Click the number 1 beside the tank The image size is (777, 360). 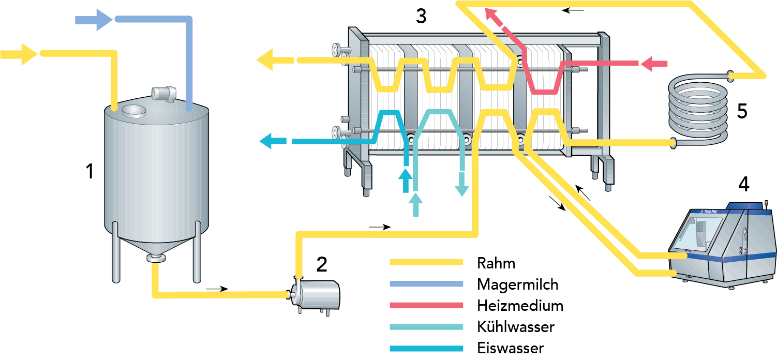click(90, 171)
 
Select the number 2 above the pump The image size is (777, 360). click(321, 264)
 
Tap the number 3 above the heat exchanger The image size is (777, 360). click(421, 17)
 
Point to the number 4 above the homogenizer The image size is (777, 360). click(743, 184)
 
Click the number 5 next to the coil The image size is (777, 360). click(742, 111)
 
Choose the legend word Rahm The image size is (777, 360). click(496, 263)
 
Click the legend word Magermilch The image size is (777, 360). click(517, 284)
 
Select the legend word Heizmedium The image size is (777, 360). click(520, 306)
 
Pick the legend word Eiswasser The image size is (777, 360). click(510, 348)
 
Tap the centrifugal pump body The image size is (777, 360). click(321, 293)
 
